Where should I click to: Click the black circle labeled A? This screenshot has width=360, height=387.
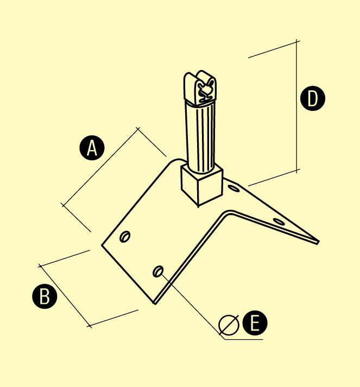pos(92,148)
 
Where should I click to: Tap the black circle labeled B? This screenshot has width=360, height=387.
pos(45,296)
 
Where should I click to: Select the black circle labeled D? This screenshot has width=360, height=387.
pos(313,98)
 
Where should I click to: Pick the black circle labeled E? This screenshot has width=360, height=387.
pos(255,323)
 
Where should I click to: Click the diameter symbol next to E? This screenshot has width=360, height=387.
pos(229,325)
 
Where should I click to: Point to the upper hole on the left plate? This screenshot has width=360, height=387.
pos(125,236)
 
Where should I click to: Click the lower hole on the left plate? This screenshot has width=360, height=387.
pos(159,271)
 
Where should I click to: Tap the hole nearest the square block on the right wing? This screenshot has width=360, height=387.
pos(233,188)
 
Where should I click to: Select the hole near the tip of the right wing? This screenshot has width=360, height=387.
pos(279,222)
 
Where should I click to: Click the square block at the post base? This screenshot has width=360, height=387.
pos(202,185)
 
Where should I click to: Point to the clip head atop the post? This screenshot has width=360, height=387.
pos(200,89)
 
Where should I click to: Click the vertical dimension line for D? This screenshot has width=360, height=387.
pos(296,106)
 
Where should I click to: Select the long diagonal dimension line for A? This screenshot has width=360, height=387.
pos(101,167)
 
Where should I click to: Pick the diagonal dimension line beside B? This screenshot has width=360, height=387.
pos(65,296)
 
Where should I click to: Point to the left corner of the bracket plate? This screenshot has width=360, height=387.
pos(102,245)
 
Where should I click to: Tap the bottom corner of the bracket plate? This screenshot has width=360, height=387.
pos(155,303)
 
